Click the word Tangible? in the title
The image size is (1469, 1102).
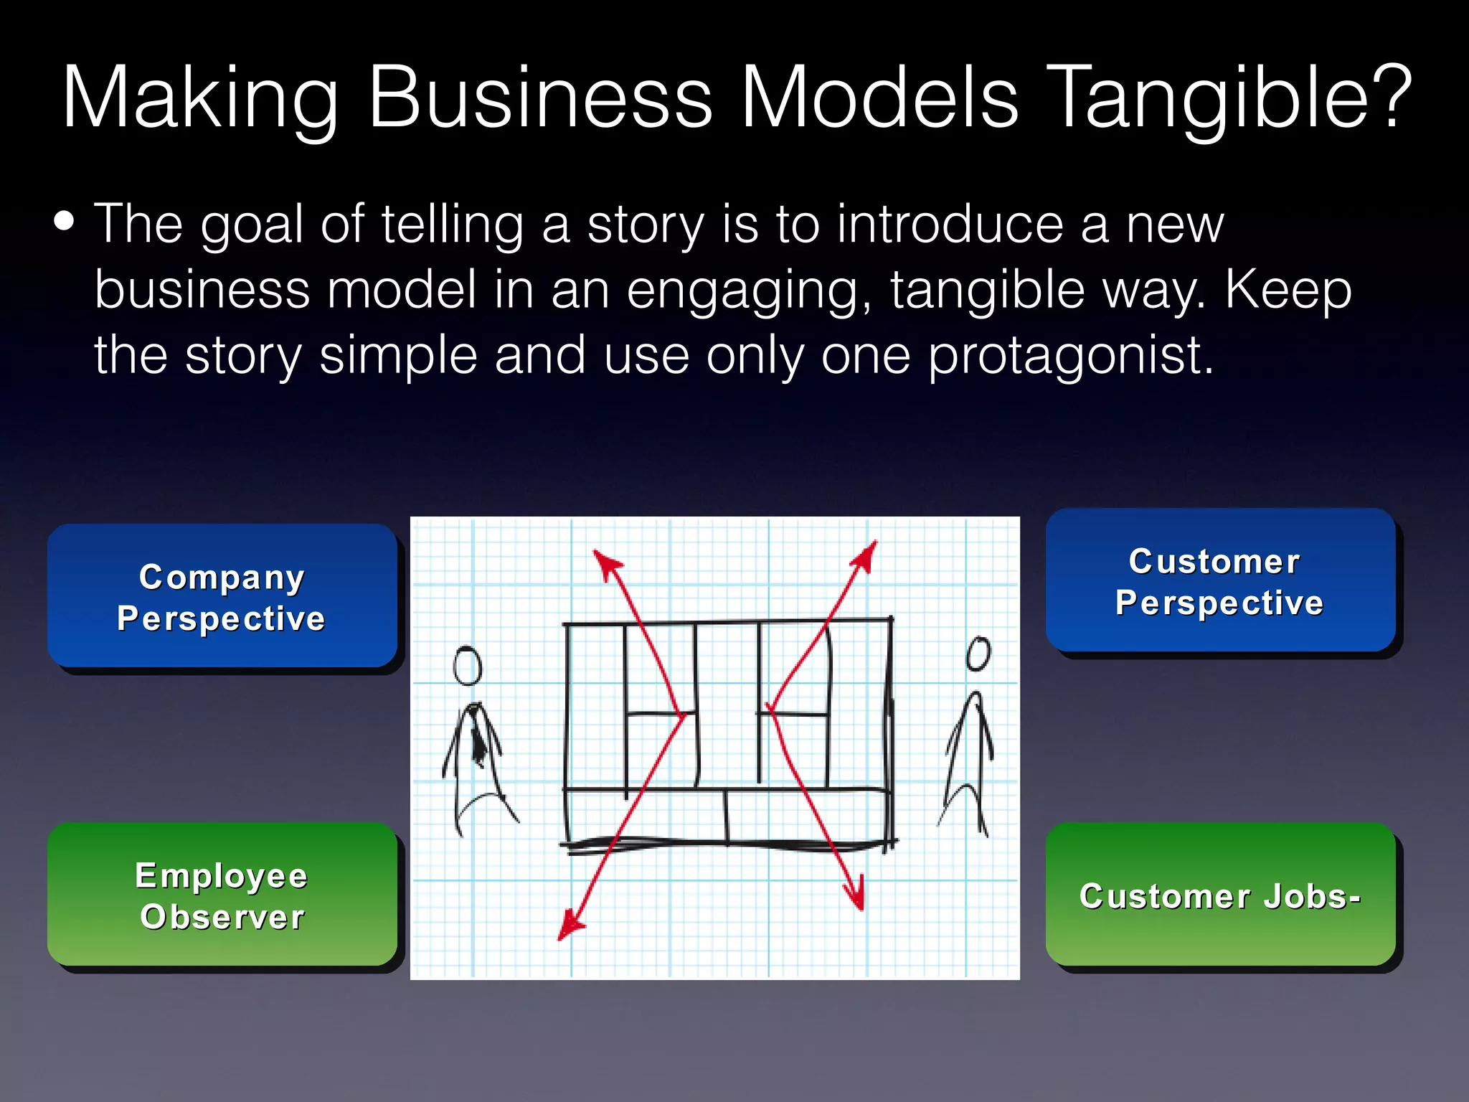coord(1231,98)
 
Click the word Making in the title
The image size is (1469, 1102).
coord(200,98)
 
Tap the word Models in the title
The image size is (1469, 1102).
coord(879,98)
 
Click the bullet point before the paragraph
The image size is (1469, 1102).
coord(64,222)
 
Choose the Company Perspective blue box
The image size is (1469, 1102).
coord(222,596)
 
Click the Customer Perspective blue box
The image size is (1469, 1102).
coord(1219,581)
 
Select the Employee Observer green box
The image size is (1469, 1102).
coord(222,895)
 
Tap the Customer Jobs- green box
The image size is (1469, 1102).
coord(1219,895)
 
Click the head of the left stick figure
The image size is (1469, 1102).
coord(467,666)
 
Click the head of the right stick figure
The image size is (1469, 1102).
coord(978,654)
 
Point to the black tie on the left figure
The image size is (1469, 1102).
coord(477,739)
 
